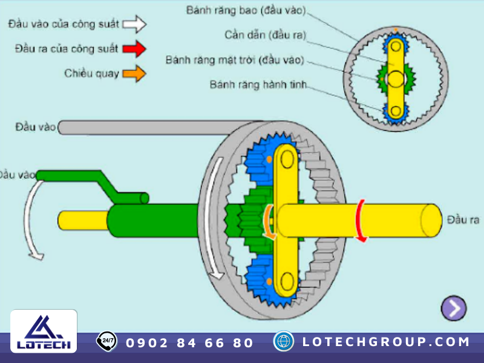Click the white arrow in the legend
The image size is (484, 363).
click(134, 24)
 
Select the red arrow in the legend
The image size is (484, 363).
click(134, 48)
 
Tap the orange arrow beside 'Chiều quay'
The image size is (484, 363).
click(134, 74)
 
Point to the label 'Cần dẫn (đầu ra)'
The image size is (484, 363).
click(266, 35)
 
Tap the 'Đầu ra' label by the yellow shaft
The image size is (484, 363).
click(463, 219)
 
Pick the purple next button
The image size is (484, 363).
click(453, 309)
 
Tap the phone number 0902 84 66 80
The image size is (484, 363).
click(189, 343)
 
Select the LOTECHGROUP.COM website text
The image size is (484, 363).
click(386, 342)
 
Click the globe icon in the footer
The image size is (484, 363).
click(283, 341)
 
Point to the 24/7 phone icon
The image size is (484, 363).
click(107, 341)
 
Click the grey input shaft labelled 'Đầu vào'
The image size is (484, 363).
click(157, 127)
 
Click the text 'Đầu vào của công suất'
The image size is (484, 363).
click(62, 24)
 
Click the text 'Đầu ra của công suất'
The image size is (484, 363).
click(67, 48)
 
